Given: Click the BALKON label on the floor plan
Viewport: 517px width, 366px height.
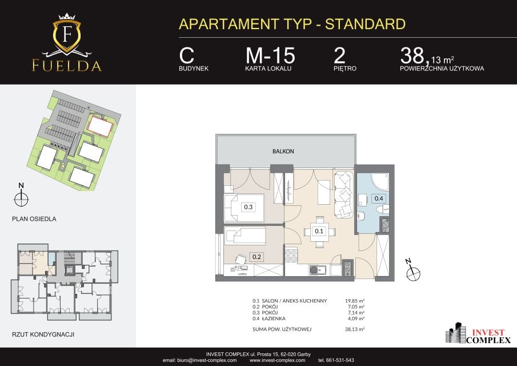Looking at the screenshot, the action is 283,152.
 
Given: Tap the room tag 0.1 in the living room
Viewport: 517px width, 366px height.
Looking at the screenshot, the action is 319,231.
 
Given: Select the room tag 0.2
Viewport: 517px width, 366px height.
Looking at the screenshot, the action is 257,257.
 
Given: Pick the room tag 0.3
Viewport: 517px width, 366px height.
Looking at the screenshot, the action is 248,207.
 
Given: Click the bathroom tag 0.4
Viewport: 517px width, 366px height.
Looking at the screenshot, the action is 379,198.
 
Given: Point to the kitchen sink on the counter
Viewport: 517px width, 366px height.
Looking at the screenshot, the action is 317,270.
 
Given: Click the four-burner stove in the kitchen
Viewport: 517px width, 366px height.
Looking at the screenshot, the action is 291,256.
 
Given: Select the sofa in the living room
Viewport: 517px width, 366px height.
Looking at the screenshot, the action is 343,194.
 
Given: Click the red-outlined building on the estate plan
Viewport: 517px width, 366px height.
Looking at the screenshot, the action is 100,126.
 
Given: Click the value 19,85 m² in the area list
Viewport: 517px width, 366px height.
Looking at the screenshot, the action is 354,301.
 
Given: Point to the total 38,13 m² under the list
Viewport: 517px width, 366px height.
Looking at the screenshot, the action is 354,329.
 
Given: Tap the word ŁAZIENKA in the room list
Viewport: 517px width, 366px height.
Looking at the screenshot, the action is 273,319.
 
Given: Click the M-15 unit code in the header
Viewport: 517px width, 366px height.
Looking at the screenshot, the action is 270,55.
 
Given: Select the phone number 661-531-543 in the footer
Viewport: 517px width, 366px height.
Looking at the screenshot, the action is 339,360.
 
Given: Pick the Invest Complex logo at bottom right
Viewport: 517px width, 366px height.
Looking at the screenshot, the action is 478,333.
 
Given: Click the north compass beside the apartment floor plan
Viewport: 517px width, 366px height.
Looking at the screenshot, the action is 412,270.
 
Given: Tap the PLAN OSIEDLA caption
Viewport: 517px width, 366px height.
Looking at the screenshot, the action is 34,219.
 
